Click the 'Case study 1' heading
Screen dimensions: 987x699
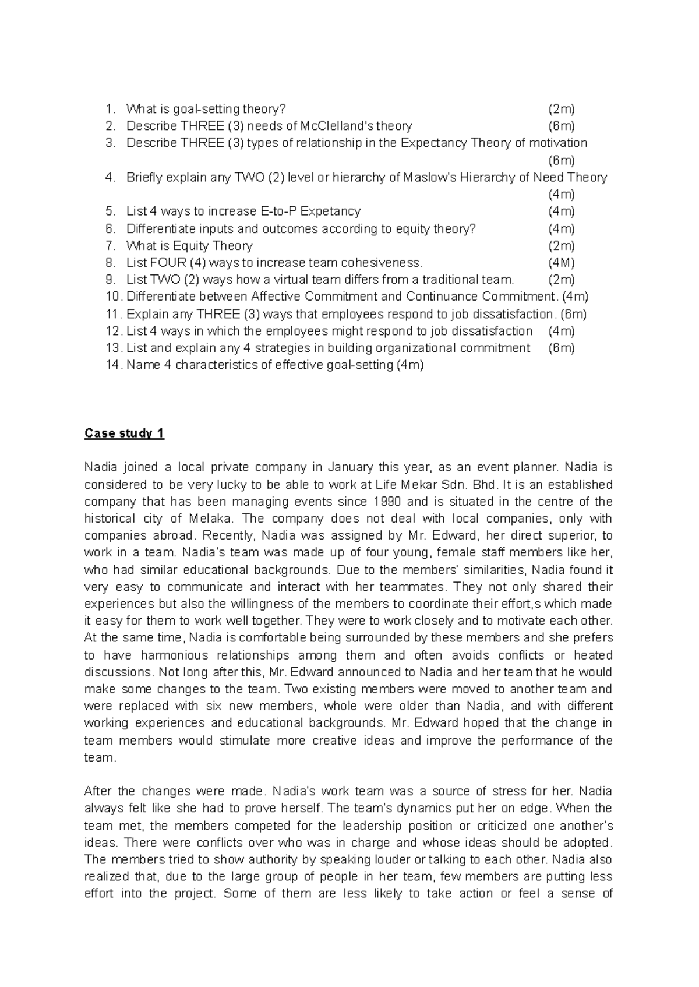(x=124, y=433)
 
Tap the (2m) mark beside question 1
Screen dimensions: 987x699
(x=561, y=109)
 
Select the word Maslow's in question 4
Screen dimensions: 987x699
(x=430, y=177)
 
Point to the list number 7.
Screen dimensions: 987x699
(x=111, y=245)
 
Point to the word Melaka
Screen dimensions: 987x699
(x=210, y=519)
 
